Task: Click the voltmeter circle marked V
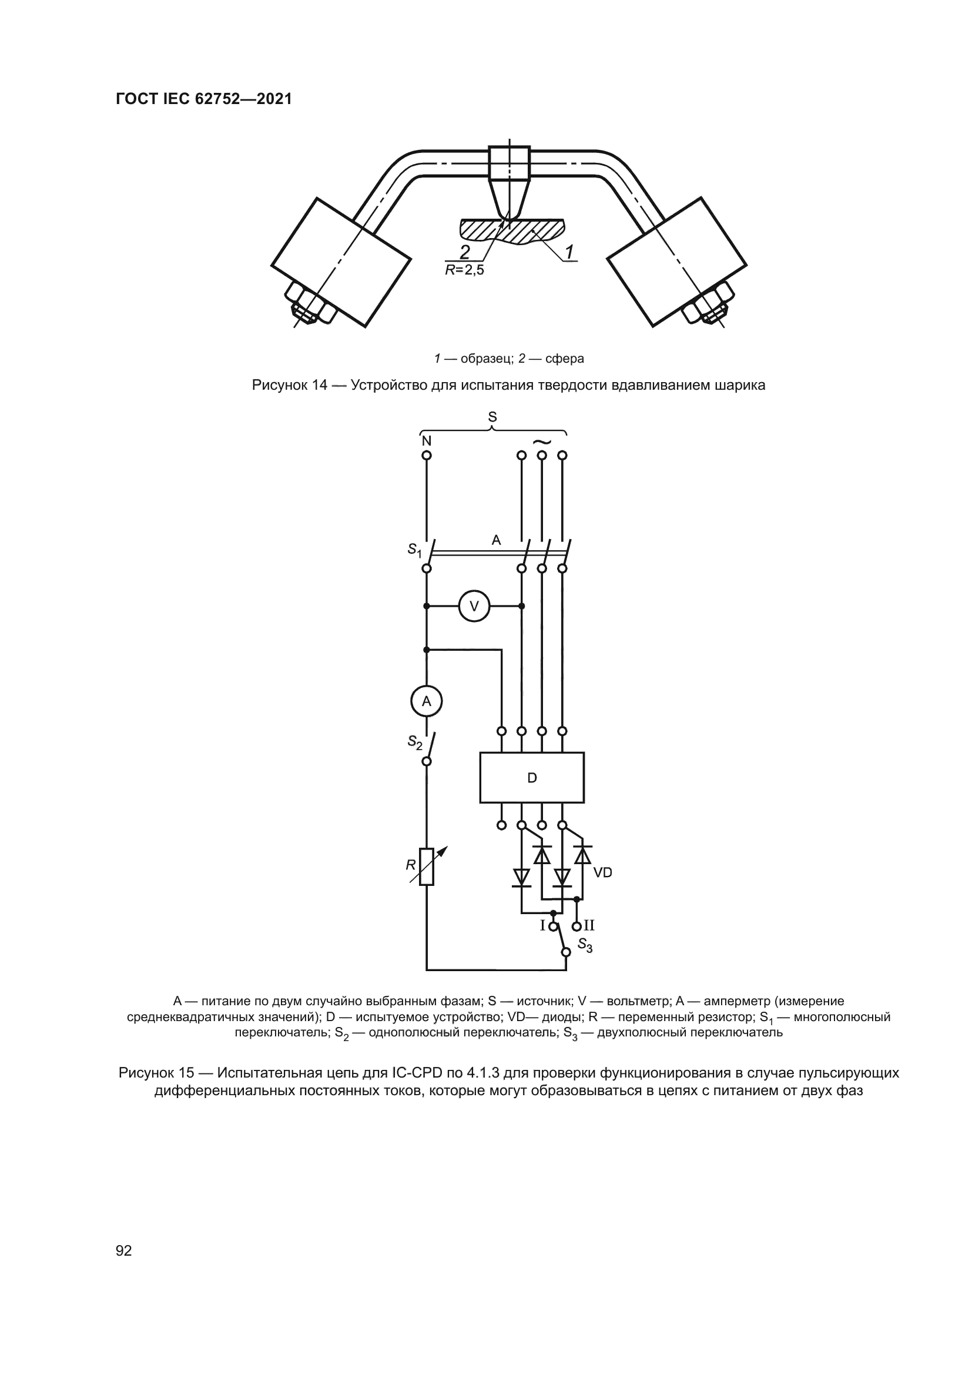click(474, 607)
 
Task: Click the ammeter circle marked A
click(426, 701)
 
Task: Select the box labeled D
click(531, 778)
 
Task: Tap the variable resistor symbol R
click(426, 867)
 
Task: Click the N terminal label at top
click(426, 441)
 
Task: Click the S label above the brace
click(492, 417)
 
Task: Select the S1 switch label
click(414, 548)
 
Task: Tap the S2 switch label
click(414, 742)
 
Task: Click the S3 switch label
click(585, 946)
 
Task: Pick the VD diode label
click(603, 872)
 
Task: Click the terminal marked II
click(577, 926)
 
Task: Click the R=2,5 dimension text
click(464, 270)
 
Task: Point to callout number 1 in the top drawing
click(570, 252)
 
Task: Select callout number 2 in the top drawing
click(464, 251)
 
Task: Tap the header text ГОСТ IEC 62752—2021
click(204, 99)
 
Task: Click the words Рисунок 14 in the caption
click(289, 385)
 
